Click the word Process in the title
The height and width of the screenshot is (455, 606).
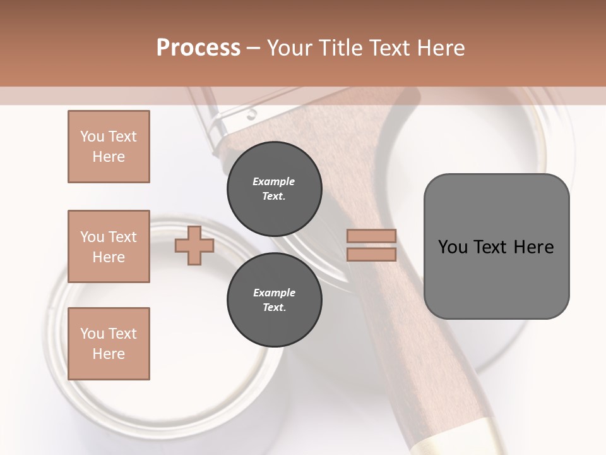tap(198, 48)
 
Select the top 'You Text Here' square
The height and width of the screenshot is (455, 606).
tap(109, 147)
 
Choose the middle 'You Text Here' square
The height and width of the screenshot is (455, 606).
tap(109, 246)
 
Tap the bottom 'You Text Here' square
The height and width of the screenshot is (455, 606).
tap(109, 344)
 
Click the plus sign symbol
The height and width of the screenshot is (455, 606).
tap(194, 246)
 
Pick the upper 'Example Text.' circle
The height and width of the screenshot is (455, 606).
tap(274, 189)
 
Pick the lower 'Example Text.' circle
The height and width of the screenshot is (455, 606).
tap(274, 300)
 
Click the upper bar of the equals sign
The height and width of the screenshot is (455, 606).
tap(371, 236)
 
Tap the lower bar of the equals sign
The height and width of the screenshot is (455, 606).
tap(371, 255)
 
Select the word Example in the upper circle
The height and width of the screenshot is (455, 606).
tap(274, 181)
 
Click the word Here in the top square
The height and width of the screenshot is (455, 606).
tap(109, 157)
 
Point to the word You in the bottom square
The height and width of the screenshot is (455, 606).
tap(91, 334)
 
